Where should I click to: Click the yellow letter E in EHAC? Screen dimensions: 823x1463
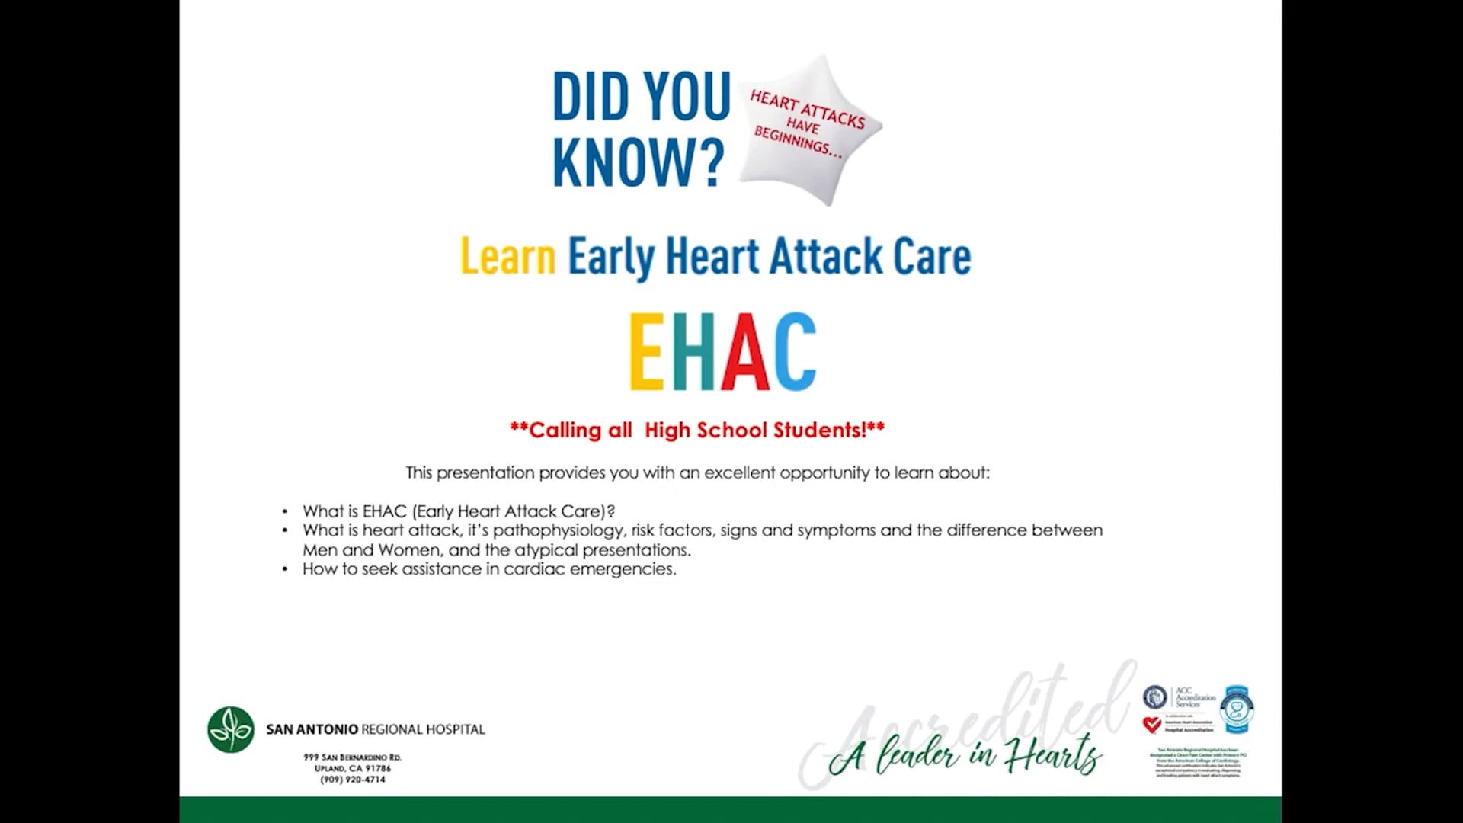point(645,351)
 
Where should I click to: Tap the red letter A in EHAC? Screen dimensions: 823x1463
point(744,351)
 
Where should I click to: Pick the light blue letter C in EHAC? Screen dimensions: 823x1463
point(795,351)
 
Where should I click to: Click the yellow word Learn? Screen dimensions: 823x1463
point(508,257)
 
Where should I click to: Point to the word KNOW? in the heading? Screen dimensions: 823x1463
point(639,162)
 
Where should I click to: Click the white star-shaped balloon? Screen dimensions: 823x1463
point(809,128)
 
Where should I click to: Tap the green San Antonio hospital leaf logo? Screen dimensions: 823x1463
point(231,729)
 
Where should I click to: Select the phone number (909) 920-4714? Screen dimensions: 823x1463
point(353,780)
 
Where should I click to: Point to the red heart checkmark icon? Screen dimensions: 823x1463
point(1152,725)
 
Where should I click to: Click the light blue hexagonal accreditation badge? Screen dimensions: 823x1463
point(1237,709)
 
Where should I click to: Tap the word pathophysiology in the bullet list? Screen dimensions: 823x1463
point(559,530)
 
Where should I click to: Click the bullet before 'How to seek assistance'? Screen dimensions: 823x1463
point(285,569)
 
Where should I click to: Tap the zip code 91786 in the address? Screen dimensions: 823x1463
point(378,768)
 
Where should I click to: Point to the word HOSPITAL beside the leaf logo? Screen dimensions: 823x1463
point(455,729)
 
